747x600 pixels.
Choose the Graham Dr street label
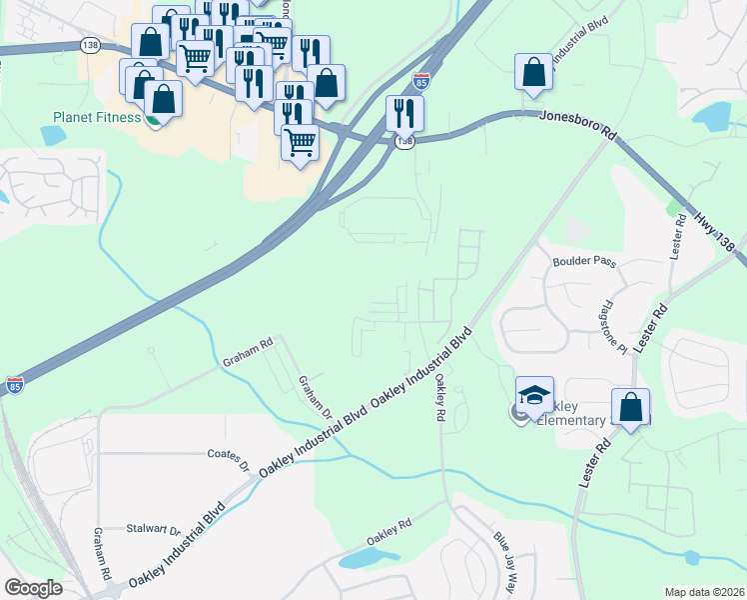[x=315, y=396]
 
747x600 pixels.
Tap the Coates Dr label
[x=229, y=458]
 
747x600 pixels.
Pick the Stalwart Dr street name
[x=154, y=530]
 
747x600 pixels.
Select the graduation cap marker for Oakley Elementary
[x=534, y=394]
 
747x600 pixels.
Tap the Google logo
[x=33, y=588]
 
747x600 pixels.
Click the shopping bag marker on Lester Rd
[x=630, y=407]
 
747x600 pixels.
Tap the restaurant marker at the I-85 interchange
[x=404, y=112]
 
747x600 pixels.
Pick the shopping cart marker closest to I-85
[x=299, y=143]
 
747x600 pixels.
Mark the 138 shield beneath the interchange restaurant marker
[x=403, y=143]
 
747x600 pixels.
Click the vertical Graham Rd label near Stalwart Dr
[x=102, y=556]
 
